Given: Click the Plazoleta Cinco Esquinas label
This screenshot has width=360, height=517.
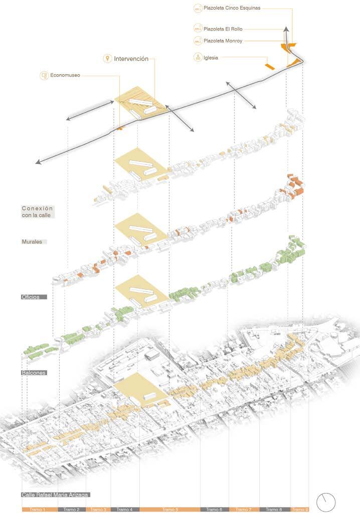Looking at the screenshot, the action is click(x=232, y=8).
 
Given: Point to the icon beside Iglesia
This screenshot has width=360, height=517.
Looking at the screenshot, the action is click(x=199, y=58).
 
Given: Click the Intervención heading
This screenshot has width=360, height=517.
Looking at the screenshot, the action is click(x=131, y=59).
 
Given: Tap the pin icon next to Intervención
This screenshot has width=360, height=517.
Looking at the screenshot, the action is click(x=107, y=59).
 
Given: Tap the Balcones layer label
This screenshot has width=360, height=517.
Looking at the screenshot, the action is click(x=34, y=373).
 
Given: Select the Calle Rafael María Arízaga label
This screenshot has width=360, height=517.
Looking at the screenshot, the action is click(x=56, y=494).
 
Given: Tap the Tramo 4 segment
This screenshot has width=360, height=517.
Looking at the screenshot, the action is click(x=124, y=509).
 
